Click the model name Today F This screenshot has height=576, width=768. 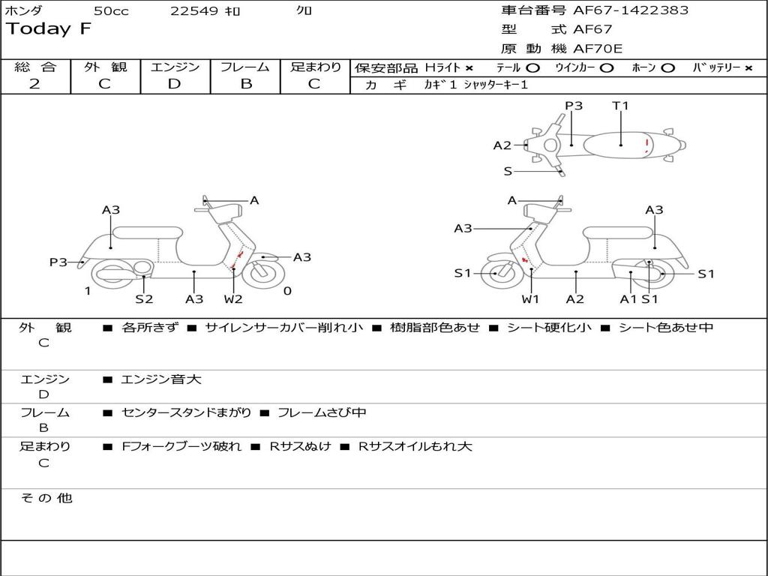(x=49, y=29)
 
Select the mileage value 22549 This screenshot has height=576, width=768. (x=194, y=11)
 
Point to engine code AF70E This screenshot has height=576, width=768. (x=598, y=49)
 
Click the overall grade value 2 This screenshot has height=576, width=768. (x=34, y=84)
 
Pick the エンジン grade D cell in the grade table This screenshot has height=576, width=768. (x=175, y=84)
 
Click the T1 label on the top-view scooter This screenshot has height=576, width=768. (x=620, y=106)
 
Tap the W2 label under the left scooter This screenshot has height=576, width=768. (x=233, y=299)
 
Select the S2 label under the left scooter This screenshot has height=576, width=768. (x=144, y=299)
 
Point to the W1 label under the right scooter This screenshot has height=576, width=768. (x=531, y=299)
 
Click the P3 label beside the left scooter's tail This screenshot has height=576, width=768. (x=58, y=262)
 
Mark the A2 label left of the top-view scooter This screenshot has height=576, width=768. (x=502, y=145)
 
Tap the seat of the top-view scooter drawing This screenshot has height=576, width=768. (x=619, y=144)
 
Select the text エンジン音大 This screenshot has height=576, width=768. (x=161, y=379)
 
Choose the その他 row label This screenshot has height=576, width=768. (x=46, y=498)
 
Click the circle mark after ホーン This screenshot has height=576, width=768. (x=667, y=67)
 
